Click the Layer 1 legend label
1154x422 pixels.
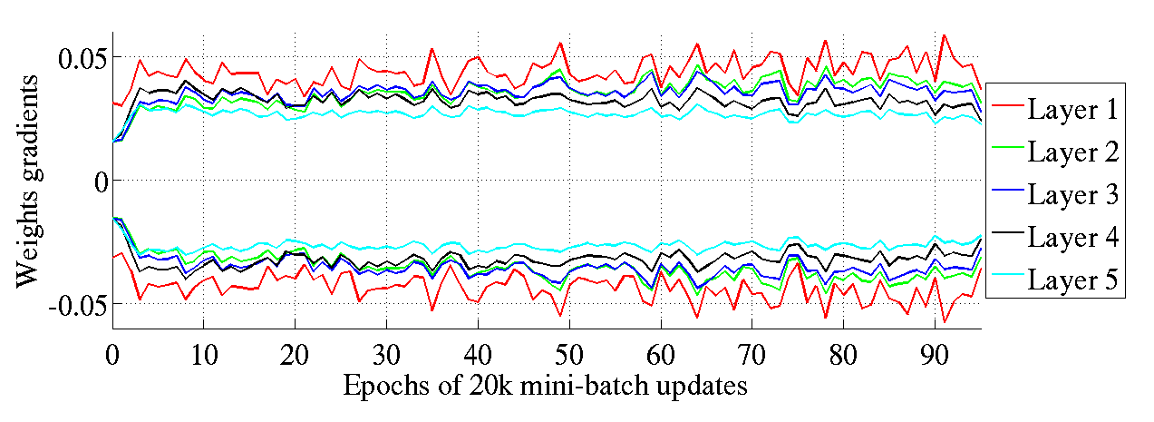tap(1073, 110)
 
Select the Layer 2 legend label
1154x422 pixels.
tap(1073, 152)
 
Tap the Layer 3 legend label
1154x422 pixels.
tap(1073, 195)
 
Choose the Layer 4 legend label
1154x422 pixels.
tap(1073, 238)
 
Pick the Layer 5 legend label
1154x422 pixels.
tap(1073, 280)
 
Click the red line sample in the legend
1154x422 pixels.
tap(1006, 111)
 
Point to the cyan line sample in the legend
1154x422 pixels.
tap(1006, 281)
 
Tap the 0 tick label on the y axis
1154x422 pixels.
tap(100, 181)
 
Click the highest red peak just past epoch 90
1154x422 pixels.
tap(945, 35)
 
